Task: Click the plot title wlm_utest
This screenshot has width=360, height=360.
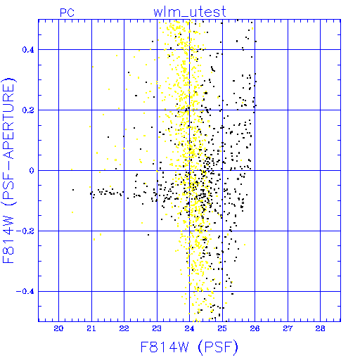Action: (x=190, y=12)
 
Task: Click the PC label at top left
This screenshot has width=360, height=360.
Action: (x=67, y=13)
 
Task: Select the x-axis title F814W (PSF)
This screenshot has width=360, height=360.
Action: (x=189, y=347)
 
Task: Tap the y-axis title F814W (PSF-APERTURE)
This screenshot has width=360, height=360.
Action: (x=8, y=170)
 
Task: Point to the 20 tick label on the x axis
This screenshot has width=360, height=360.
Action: (x=58, y=328)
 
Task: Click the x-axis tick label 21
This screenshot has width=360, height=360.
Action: (x=91, y=328)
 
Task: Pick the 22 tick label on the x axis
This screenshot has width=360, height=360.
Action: (x=124, y=328)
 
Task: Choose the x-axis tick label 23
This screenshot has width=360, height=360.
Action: (x=157, y=328)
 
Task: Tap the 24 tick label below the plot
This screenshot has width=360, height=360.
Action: (x=189, y=328)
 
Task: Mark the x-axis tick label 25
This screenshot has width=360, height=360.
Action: (x=222, y=328)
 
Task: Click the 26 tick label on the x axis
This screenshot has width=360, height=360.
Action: (x=255, y=328)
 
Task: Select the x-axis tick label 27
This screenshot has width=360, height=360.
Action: (x=288, y=328)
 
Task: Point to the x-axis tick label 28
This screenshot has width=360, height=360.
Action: (x=320, y=328)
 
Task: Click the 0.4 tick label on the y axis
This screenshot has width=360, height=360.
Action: (x=28, y=50)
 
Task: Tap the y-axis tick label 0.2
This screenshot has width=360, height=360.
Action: (x=28, y=110)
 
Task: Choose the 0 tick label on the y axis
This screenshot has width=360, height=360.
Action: (x=32, y=171)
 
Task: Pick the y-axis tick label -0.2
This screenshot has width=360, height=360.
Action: (x=25, y=231)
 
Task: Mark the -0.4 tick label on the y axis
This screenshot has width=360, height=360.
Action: (x=25, y=292)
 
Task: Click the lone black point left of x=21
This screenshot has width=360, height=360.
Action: (x=73, y=190)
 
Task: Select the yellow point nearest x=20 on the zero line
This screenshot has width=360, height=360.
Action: (x=72, y=169)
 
